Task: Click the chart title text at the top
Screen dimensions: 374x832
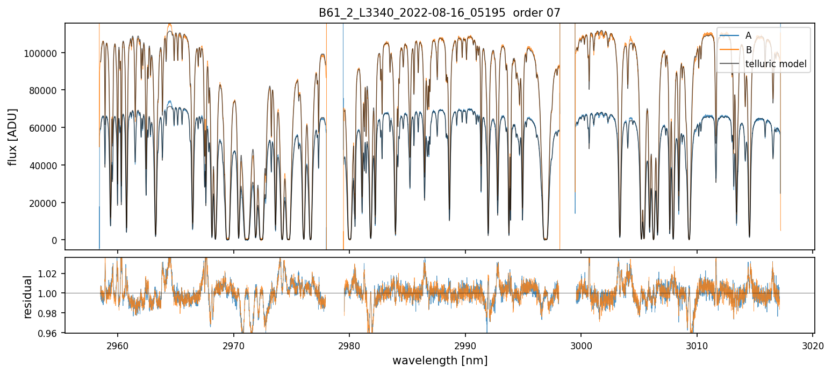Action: pos(440,13)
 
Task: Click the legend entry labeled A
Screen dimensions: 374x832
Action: pos(748,35)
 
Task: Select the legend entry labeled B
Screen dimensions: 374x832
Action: pos(748,50)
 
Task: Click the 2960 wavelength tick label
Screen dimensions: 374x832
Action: pos(118,344)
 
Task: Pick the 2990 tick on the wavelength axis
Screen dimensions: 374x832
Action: pos(465,344)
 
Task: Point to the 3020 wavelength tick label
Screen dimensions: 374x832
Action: pos(813,344)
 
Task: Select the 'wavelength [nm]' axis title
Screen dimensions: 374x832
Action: pos(440,360)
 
